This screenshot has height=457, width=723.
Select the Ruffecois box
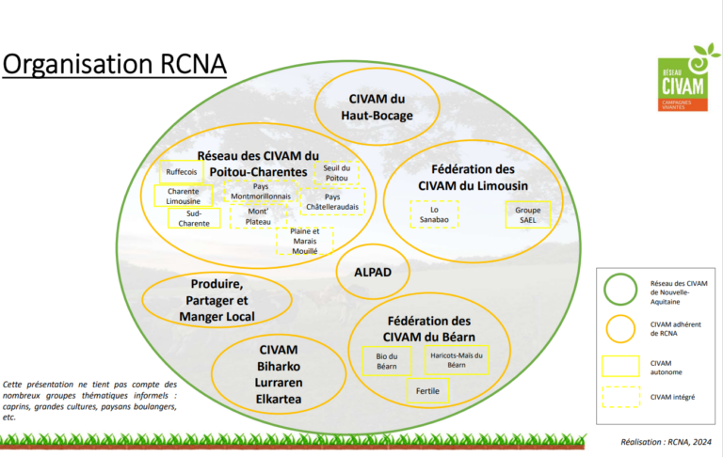pyautogui.click(x=181, y=172)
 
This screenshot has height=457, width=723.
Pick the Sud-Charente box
pyautogui.click(x=194, y=219)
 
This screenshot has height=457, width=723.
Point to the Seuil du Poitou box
pyautogui.click(x=336, y=173)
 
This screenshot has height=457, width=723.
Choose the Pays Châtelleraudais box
pyautogui.click(x=332, y=202)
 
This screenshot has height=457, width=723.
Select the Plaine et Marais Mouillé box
pyautogui.click(x=305, y=242)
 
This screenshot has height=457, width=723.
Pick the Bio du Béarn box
pyautogui.click(x=386, y=360)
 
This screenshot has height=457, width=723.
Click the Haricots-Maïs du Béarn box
pyautogui.click(x=456, y=360)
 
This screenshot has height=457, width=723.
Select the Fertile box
pyautogui.click(x=427, y=390)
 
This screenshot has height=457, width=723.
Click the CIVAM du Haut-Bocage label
pyautogui.click(x=377, y=108)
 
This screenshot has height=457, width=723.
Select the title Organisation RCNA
pyautogui.click(x=114, y=65)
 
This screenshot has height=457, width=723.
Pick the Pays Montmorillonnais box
pyautogui.click(x=261, y=191)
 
